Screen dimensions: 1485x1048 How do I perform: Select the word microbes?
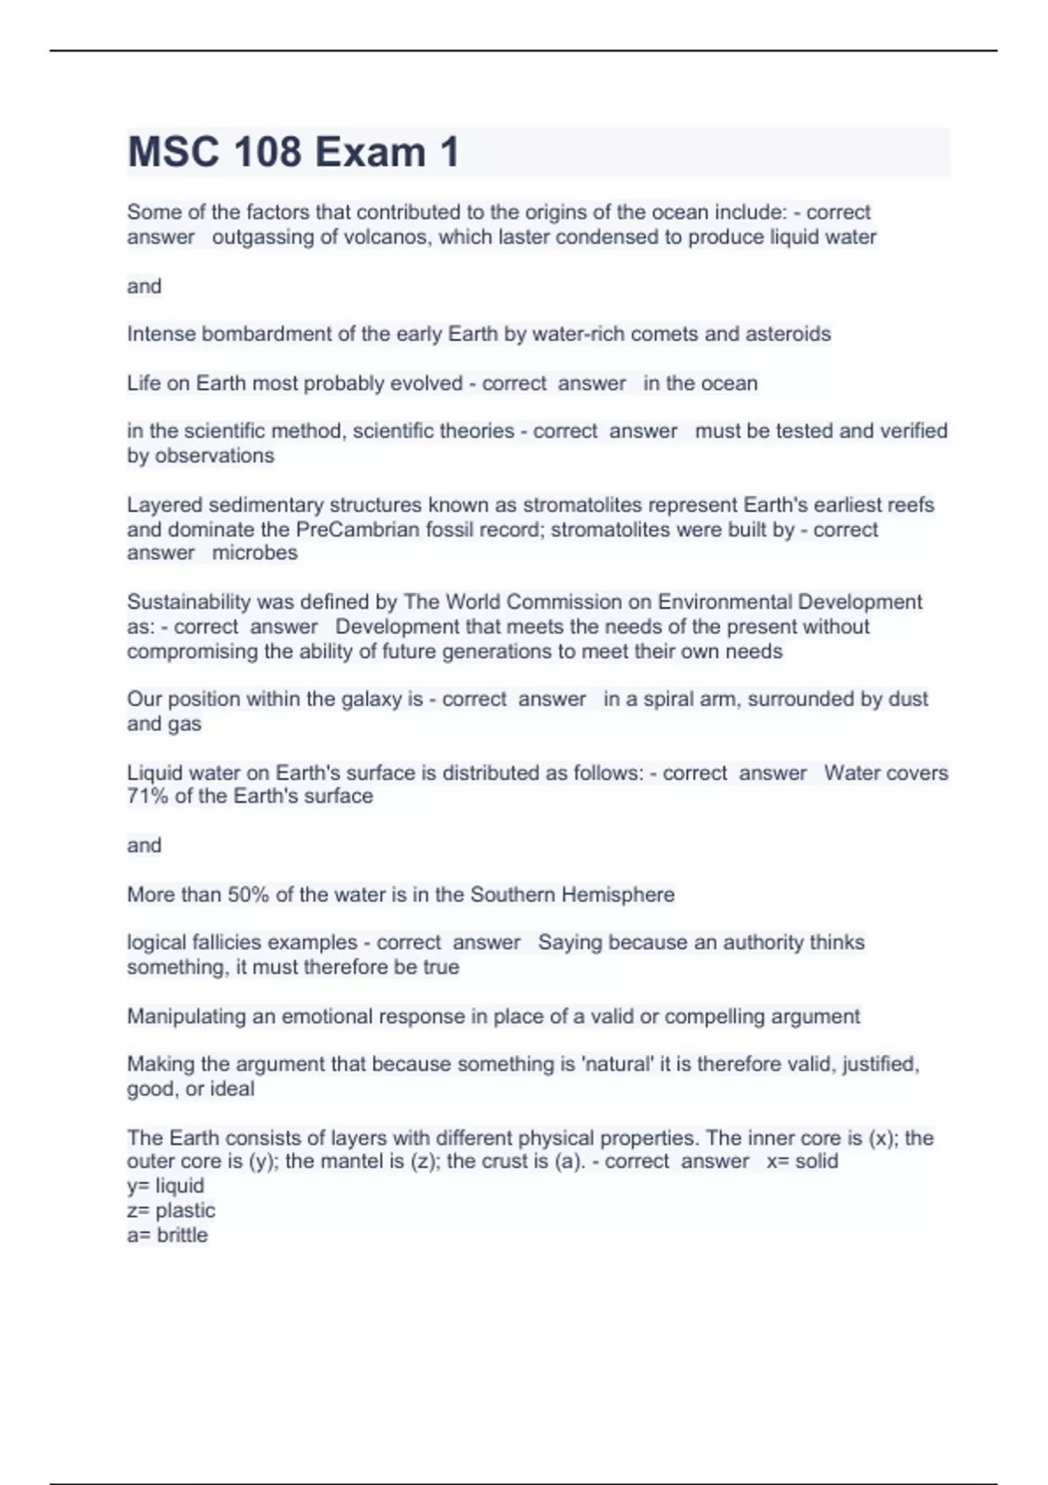tap(255, 553)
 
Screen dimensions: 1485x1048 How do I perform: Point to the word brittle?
tap(183, 1235)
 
